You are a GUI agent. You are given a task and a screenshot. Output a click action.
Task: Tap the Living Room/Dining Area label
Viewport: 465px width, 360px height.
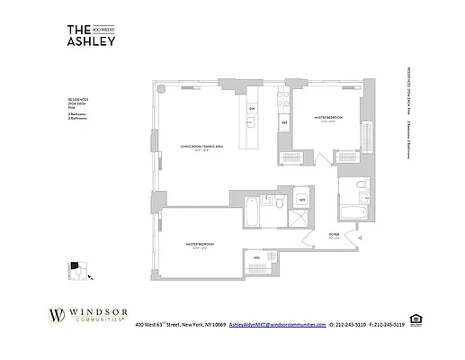[200, 150]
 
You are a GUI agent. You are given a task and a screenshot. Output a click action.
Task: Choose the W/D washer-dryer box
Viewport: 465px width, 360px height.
[301, 199]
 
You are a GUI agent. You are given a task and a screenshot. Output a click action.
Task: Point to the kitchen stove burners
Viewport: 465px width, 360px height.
[283, 99]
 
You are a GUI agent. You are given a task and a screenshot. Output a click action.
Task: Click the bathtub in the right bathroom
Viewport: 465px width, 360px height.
[350, 212]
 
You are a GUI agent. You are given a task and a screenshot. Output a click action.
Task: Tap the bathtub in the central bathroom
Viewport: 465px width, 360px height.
[252, 214]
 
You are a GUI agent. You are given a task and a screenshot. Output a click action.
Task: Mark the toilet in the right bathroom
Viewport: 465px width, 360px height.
[358, 186]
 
